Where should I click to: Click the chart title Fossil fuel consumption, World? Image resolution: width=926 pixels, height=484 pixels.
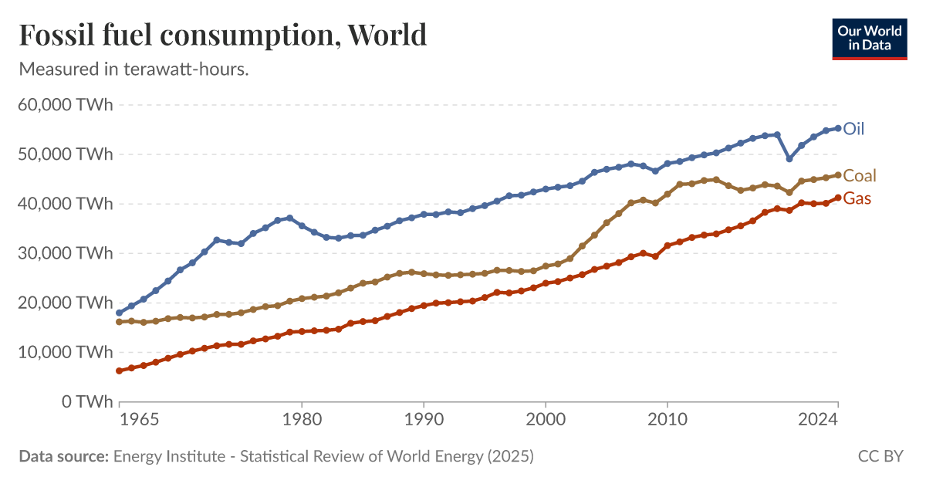click(222, 35)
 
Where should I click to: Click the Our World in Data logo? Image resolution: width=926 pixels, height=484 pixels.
click(870, 38)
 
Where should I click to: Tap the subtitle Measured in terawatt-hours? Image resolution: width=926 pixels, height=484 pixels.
click(133, 69)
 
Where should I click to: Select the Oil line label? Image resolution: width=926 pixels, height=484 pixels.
click(853, 128)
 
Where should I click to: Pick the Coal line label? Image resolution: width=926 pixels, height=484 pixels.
click(860, 175)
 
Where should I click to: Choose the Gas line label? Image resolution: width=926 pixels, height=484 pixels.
click(857, 198)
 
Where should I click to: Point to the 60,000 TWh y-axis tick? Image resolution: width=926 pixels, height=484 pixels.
click(66, 105)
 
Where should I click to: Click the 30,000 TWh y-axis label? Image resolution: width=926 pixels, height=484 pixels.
click(66, 253)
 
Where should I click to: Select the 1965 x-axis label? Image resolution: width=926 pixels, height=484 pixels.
click(140, 421)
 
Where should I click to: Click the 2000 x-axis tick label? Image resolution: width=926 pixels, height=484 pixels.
click(546, 421)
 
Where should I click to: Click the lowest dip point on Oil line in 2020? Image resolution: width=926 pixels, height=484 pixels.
click(789, 159)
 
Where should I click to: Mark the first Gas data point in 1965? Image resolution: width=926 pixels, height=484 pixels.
click(119, 371)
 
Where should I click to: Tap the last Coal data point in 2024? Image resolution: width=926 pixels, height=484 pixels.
click(838, 175)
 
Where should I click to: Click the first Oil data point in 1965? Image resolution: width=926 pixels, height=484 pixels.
click(119, 313)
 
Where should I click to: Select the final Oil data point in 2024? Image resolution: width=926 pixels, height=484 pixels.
click(838, 128)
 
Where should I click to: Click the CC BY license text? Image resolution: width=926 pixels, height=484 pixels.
click(880, 456)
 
